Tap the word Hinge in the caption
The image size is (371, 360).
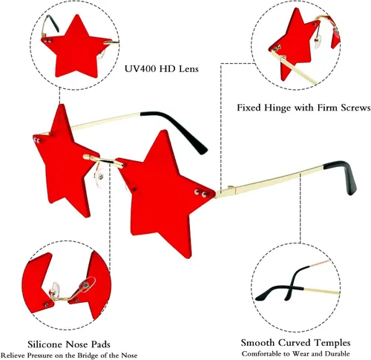(277, 108)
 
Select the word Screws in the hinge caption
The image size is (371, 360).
(355, 108)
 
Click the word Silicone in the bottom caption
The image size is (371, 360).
(45, 344)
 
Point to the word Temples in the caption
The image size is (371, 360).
(332, 343)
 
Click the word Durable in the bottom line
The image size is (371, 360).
(337, 354)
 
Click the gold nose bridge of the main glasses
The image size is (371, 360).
(103, 160)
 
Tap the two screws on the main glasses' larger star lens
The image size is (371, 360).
(200, 193)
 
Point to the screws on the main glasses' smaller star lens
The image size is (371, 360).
(37, 140)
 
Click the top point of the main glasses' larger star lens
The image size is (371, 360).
(162, 131)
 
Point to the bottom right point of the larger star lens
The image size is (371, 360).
(188, 258)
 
